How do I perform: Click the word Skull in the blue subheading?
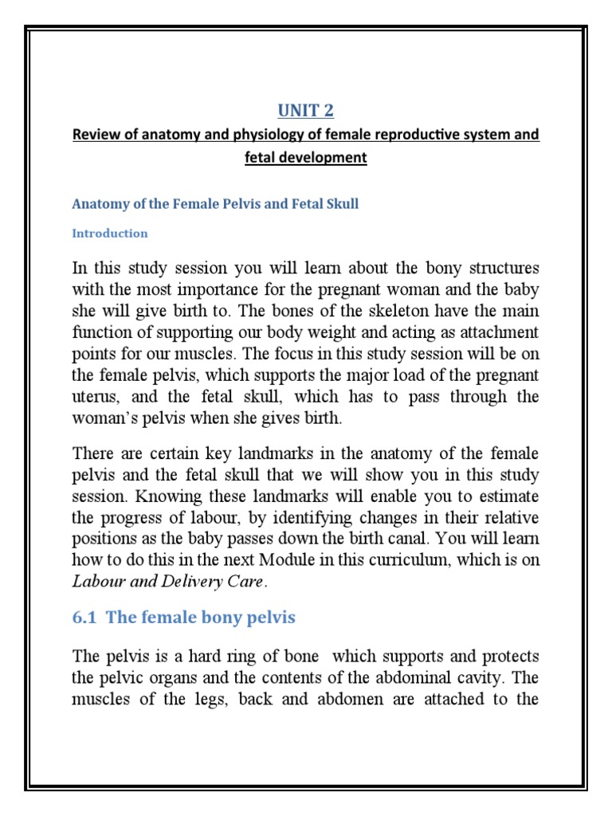(x=341, y=204)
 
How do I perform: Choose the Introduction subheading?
(x=110, y=233)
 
